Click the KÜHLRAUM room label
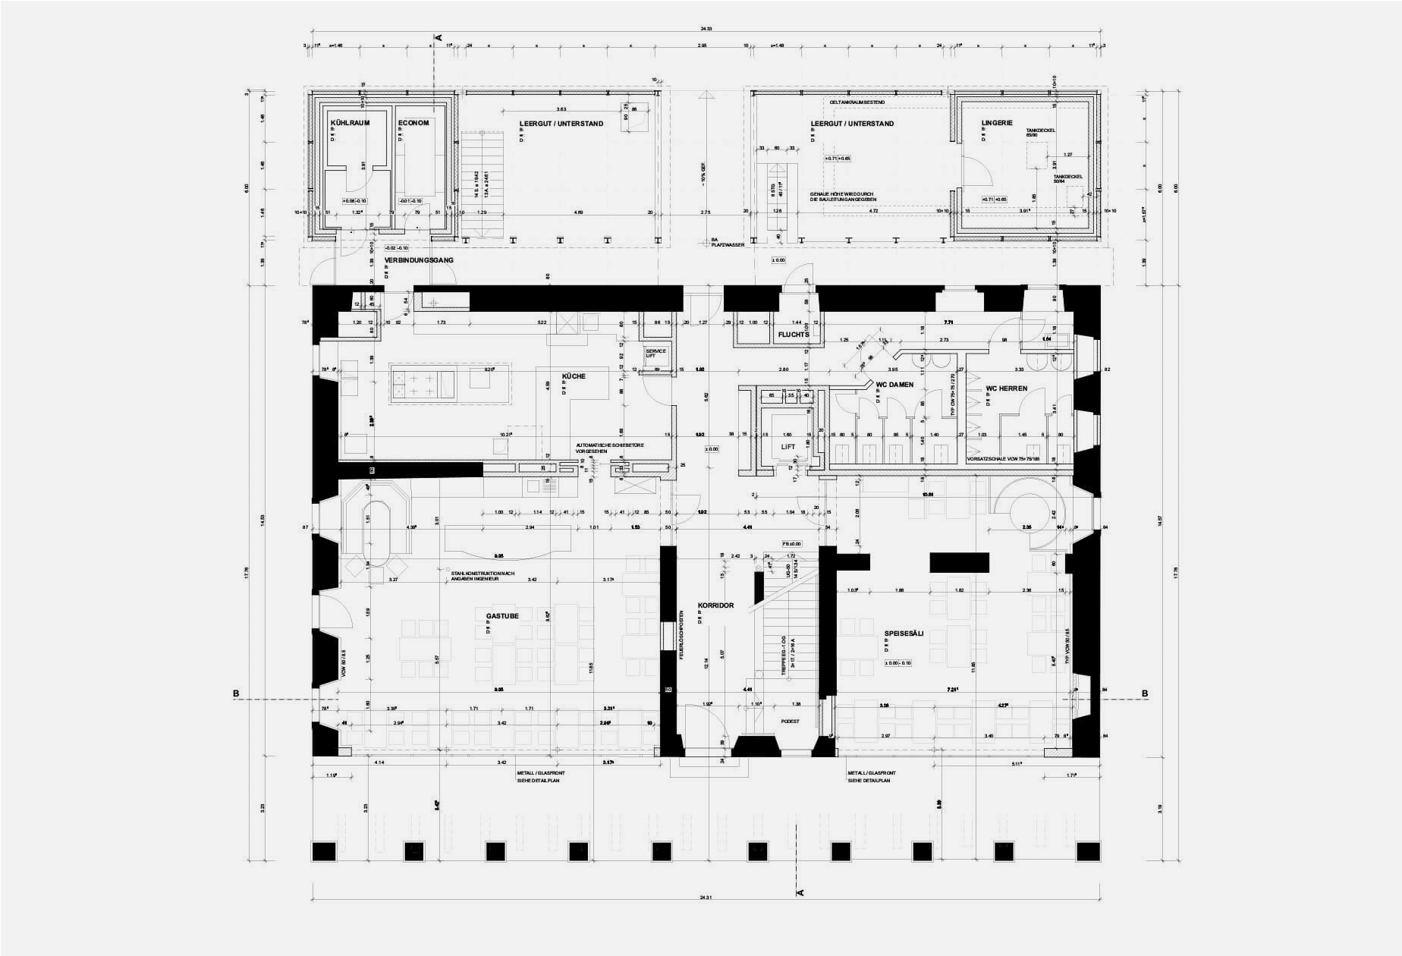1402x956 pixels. tap(350, 123)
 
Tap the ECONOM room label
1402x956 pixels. tap(413, 123)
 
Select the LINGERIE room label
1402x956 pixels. tap(997, 122)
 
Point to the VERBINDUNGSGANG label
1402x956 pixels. tap(419, 260)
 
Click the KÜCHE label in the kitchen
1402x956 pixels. tap(574, 376)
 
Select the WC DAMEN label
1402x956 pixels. tap(894, 385)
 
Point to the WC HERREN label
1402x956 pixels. tap(1006, 388)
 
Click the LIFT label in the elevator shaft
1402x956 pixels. tap(788, 447)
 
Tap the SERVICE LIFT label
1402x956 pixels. tap(655, 354)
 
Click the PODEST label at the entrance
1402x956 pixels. tap(791, 722)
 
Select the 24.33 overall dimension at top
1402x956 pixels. tap(706, 29)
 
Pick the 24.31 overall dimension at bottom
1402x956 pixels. tap(706, 898)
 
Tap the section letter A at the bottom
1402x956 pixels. tap(800, 892)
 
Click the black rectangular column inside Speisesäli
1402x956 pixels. tap(960, 562)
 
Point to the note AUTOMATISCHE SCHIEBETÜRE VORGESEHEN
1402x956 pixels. tap(610, 448)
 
